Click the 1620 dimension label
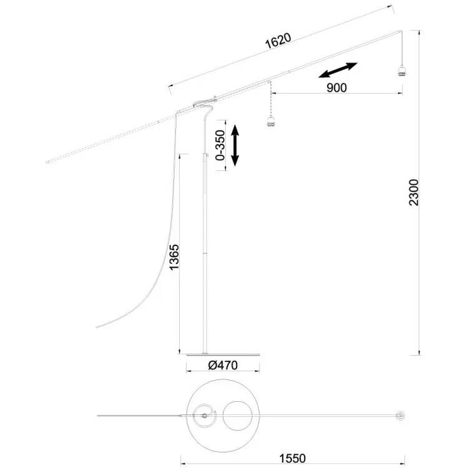pos(278,41)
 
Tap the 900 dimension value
pos(337,88)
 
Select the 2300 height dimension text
pos(414,192)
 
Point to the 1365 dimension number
pos(174,257)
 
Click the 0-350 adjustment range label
pos(220,145)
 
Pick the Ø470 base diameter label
pos(223,365)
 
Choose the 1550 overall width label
pos(293,458)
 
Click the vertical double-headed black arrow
pos(235,145)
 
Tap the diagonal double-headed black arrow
pos(338,70)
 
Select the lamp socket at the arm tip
pos(402,72)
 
